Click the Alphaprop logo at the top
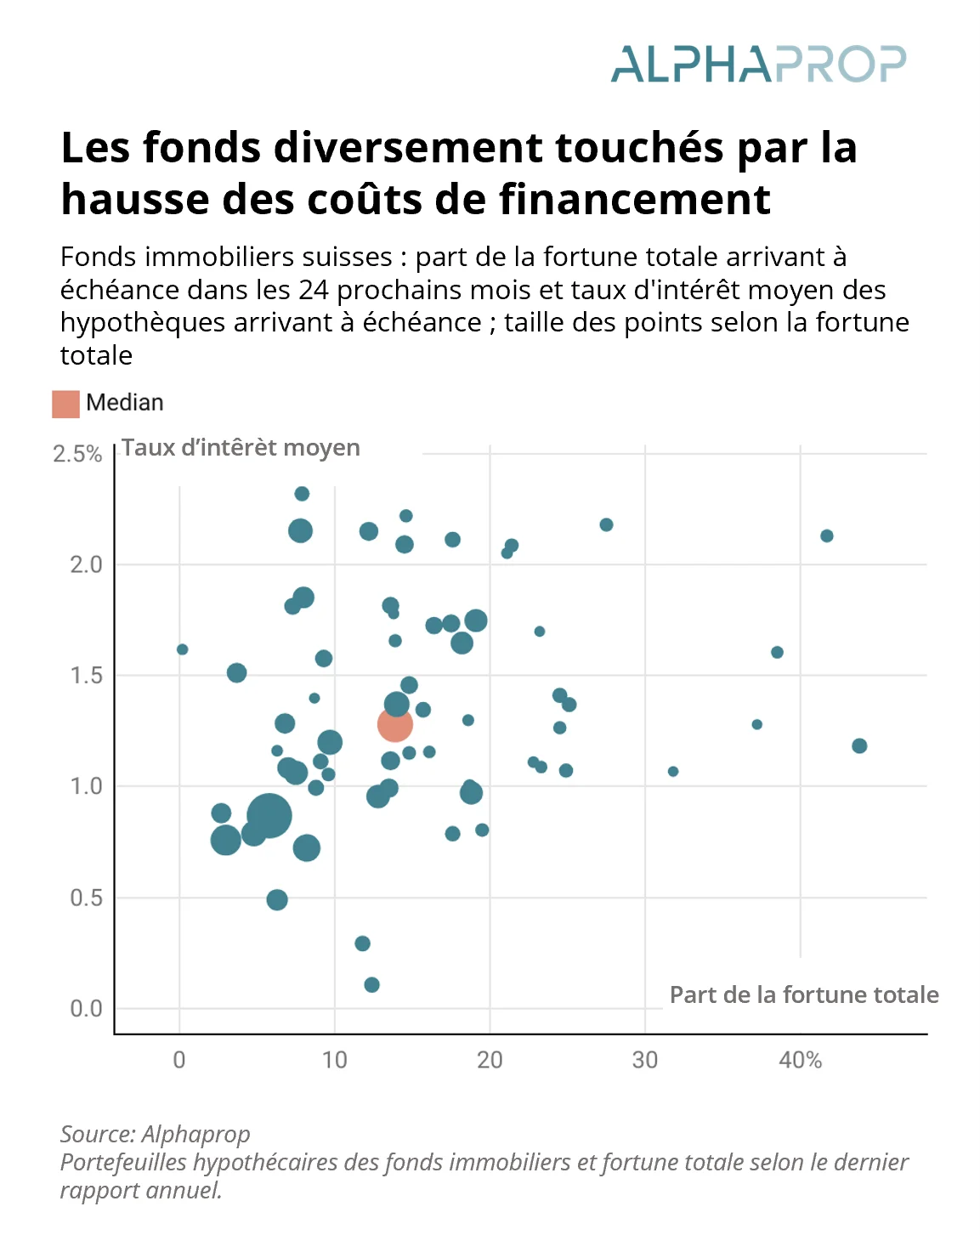tap(758, 64)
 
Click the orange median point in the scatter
tap(395, 724)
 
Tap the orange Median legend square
tap(65, 404)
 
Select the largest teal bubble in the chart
tap(269, 815)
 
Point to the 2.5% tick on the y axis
tap(77, 454)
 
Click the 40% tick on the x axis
tap(800, 1060)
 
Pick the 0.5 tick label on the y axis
tap(86, 898)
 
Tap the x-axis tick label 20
tap(490, 1060)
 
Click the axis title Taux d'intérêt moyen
tap(241, 448)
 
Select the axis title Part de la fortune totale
tap(803, 995)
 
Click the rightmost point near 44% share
tap(859, 745)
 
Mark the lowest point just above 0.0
tap(371, 985)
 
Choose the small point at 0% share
tap(182, 649)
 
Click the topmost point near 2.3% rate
tap(302, 494)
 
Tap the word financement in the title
tap(634, 200)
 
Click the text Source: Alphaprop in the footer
tap(155, 1134)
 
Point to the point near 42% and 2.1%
tap(826, 535)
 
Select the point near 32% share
tap(673, 771)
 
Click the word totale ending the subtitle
tap(96, 355)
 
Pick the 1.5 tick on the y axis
tap(86, 676)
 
